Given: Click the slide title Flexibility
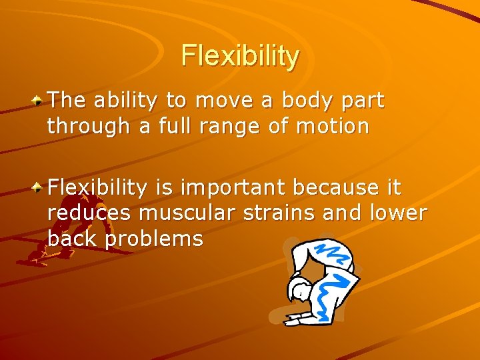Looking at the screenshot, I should click(x=240, y=56).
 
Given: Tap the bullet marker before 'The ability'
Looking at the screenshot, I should click(x=39, y=101).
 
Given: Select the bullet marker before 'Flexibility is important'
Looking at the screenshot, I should click(x=39, y=189).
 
